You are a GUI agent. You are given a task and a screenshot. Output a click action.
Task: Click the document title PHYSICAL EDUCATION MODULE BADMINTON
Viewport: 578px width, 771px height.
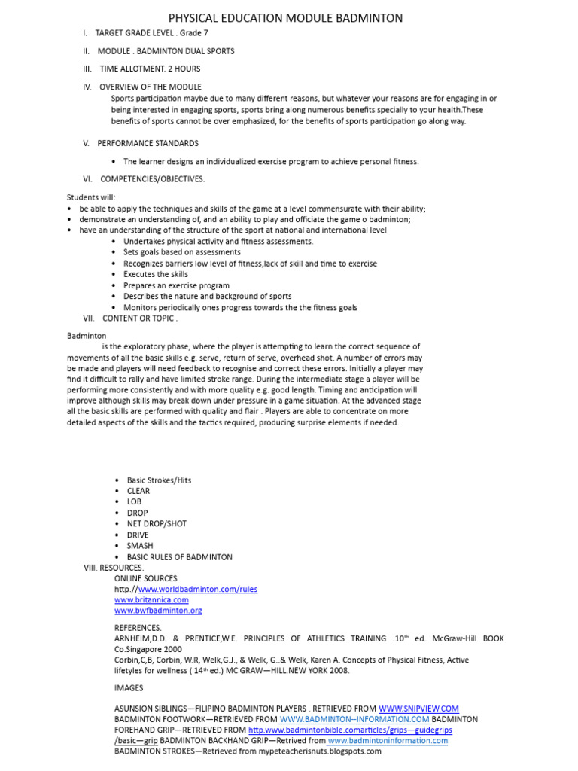coord(285,17)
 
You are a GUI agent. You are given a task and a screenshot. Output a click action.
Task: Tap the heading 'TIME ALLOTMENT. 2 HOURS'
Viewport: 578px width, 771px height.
coord(150,69)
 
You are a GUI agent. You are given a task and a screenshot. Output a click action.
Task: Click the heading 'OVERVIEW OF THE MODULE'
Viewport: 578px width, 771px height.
coord(151,87)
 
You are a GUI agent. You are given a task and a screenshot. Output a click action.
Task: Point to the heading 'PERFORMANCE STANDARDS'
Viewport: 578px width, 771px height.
coord(148,143)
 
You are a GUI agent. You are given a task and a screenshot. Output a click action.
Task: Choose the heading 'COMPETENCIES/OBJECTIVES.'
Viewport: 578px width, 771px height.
coord(152,179)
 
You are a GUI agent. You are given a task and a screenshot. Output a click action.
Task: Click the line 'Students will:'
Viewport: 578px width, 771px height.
coord(91,197)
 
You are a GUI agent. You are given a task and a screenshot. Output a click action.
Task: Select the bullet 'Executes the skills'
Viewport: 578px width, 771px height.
coord(156,275)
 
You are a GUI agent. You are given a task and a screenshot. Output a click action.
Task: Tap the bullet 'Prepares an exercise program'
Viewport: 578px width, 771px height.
coord(176,286)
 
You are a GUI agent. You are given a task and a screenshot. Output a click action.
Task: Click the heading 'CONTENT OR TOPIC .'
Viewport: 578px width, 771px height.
coord(140,318)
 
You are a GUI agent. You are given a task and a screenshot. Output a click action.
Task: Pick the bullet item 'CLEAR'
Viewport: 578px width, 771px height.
coord(138,491)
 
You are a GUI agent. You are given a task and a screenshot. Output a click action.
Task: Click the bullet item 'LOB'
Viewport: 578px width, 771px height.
coord(134,502)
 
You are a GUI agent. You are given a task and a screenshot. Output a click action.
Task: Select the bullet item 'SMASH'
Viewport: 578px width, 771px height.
coord(140,546)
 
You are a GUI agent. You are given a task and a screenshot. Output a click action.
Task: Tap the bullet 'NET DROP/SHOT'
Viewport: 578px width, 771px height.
coord(157,524)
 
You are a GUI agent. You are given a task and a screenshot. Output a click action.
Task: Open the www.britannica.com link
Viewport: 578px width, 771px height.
coord(151,600)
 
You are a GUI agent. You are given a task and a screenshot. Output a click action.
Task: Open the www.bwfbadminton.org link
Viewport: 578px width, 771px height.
coord(158,611)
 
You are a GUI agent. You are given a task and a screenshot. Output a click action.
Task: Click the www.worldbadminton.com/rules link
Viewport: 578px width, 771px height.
coord(197,589)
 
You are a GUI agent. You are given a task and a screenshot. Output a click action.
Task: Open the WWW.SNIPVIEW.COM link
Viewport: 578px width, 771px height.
coord(418,709)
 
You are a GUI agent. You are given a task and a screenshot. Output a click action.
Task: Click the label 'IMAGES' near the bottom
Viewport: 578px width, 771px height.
coord(129,688)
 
